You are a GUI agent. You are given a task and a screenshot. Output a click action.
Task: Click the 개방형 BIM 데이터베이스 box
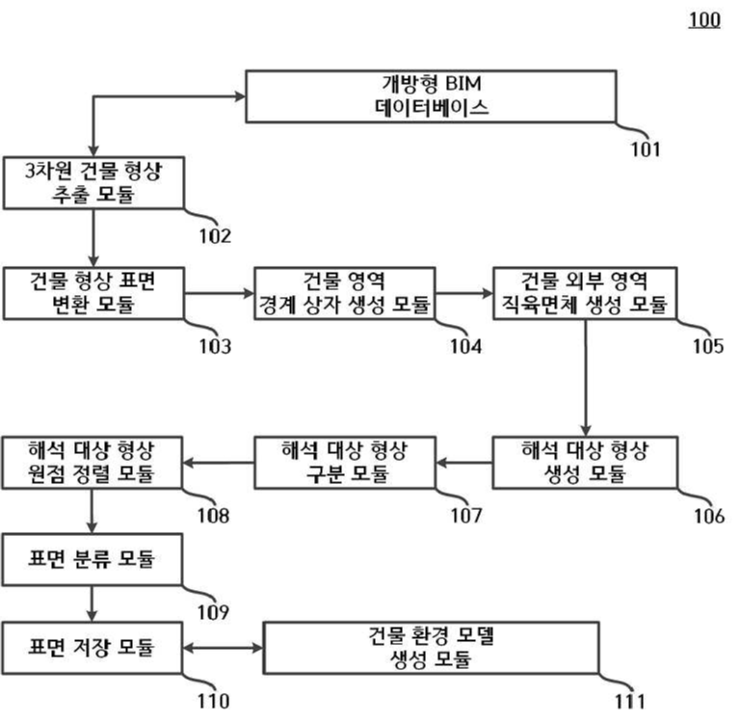click(x=431, y=96)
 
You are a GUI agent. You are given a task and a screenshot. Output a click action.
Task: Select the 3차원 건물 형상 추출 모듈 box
click(x=92, y=183)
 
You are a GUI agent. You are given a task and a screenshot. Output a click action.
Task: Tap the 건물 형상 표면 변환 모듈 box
click(x=92, y=293)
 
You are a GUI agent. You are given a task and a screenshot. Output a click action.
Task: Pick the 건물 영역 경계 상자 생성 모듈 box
click(x=345, y=293)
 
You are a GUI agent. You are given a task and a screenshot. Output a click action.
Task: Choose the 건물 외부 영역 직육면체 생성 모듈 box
click(x=585, y=293)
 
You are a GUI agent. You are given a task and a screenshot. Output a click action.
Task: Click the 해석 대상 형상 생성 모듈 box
click(x=585, y=462)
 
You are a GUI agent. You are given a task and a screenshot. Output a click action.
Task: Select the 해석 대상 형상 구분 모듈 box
click(x=345, y=462)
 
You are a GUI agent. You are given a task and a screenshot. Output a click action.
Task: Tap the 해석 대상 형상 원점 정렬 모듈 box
click(x=92, y=462)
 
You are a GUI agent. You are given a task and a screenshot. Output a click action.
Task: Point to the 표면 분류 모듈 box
click(x=92, y=559)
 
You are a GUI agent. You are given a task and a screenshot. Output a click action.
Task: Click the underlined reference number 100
click(x=703, y=20)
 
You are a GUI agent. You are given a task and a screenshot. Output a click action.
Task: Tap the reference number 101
click(x=646, y=148)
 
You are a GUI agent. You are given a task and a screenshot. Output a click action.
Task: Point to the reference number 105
click(x=707, y=346)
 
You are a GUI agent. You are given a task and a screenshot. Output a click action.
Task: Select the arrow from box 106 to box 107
click(x=463, y=463)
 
